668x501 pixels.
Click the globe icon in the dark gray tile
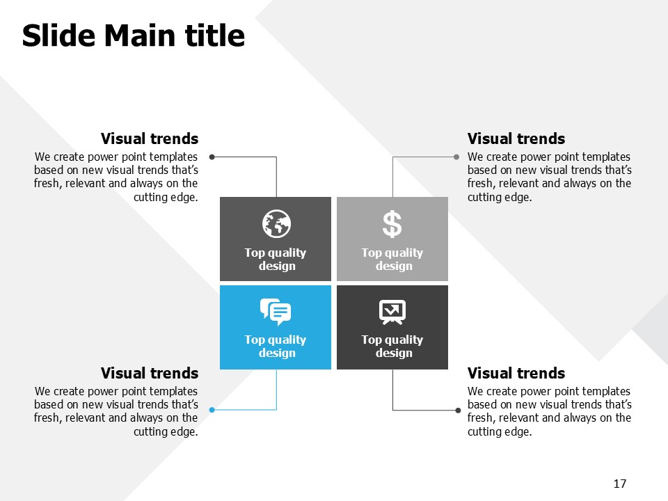pyautogui.click(x=276, y=223)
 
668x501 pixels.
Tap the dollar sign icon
pyautogui.click(x=392, y=224)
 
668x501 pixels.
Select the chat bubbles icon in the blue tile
pyautogui.click(x=276, y=312)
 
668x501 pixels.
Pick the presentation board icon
pyautogui.click(x=392, y=312)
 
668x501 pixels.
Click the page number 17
pyautogui.click(x=620, y=484)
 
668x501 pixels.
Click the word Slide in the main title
pyautogui.click(x=58, y=35)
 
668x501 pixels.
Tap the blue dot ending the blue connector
pyautogui.click(x=212, y=410)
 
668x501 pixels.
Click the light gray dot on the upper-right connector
pyautogui.click(x=456, y=157)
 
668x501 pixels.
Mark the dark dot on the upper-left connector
pyautogui.click(x=212, y=157)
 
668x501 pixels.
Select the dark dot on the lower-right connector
pyautogui.click(x=458, y=411)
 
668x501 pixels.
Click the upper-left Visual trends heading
pyautogui.click(x=150, y=138)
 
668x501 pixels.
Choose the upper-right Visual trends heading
pyautogui.click(x=516, y=138)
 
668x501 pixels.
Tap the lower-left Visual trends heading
pyautogui.click(x=150, y=373)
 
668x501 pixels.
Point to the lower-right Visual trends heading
pyautogui.click(x=516, y=373)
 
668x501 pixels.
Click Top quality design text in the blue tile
pyautogui.click(x=276, y=346)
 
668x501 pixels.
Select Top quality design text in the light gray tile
pyautogui.click(x=392, y=259)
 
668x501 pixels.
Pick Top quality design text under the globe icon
pyautogui.click(x=276, y=259)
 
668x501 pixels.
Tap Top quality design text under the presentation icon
pyautogui.click(x=392, y=346)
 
